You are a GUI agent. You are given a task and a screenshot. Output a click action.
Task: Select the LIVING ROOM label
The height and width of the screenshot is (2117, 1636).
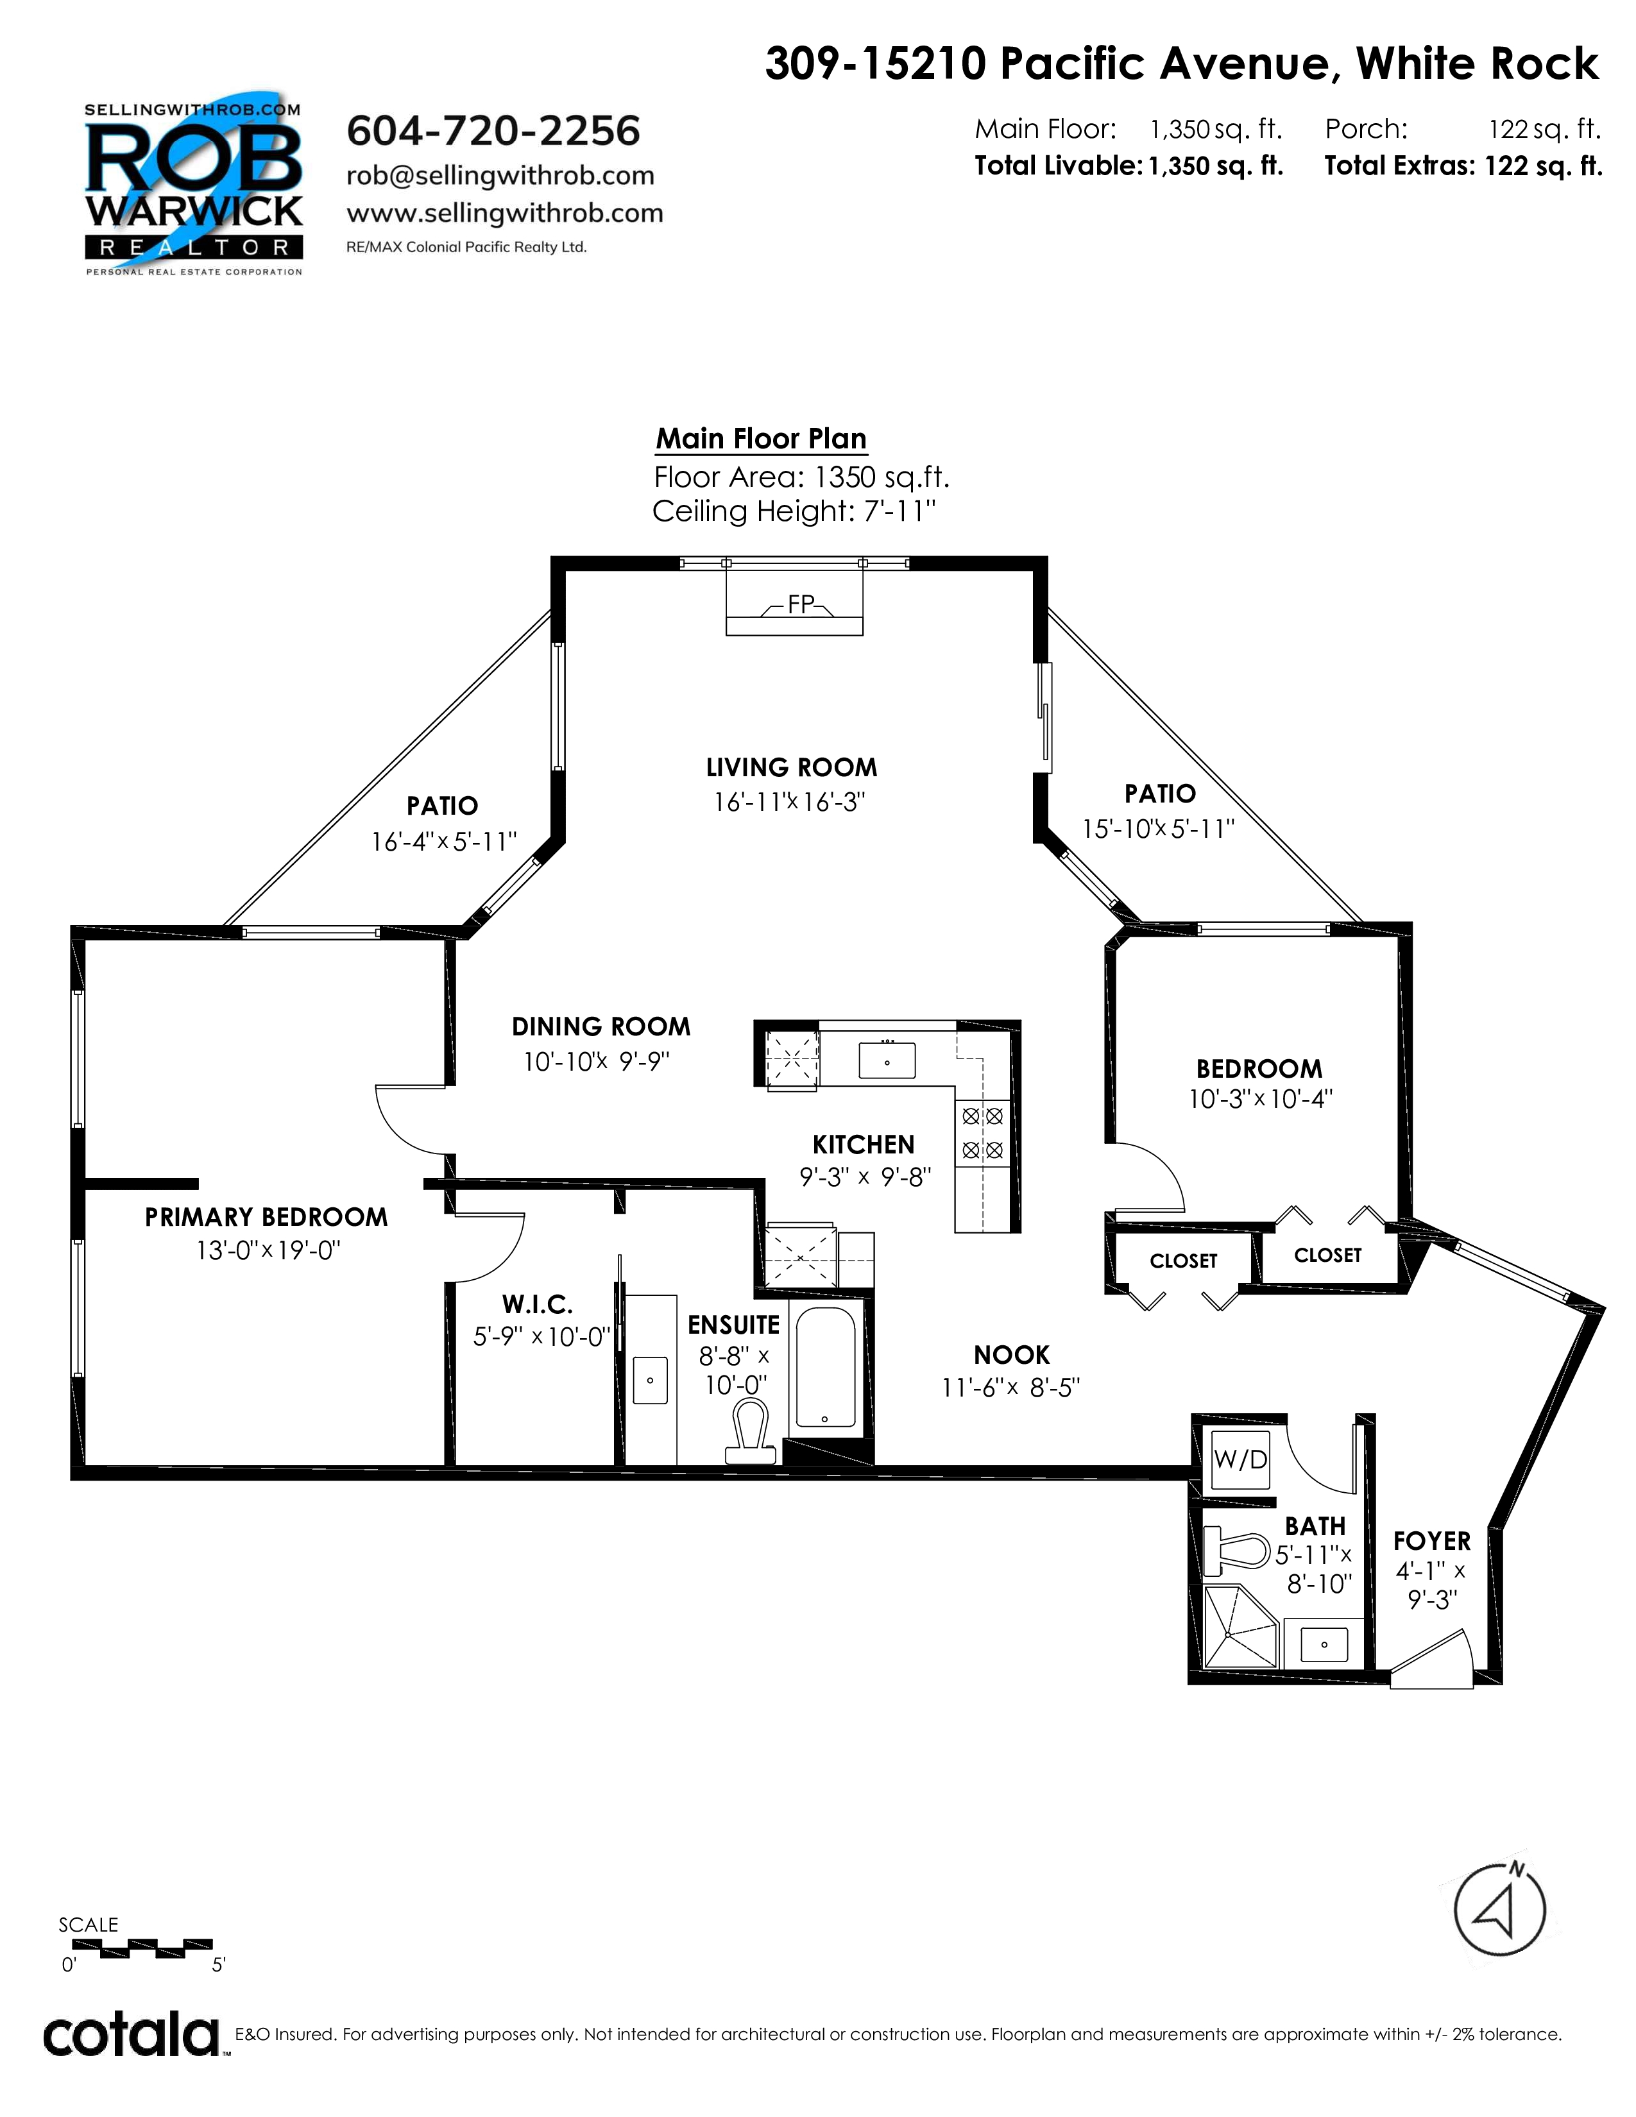(x=791, y=768)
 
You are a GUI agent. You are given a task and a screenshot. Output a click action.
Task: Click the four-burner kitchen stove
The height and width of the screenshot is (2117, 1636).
(x=982, y=1133)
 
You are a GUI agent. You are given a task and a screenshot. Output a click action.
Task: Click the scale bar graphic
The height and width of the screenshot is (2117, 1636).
(x=142, y=1946)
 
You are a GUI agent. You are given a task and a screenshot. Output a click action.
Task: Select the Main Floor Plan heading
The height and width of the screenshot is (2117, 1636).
(x=761, y=438)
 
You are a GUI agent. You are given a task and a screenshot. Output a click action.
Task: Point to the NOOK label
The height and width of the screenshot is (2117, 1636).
(x=1012, y=1354)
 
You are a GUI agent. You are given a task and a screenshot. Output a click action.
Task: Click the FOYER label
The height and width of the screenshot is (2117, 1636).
(x=1431, y=1541)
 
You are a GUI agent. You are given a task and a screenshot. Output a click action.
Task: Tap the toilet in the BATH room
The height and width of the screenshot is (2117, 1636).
(x=1236, y=1551)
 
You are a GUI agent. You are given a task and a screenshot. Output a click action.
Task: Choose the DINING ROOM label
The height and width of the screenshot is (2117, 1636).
(x=601, y=1026)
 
